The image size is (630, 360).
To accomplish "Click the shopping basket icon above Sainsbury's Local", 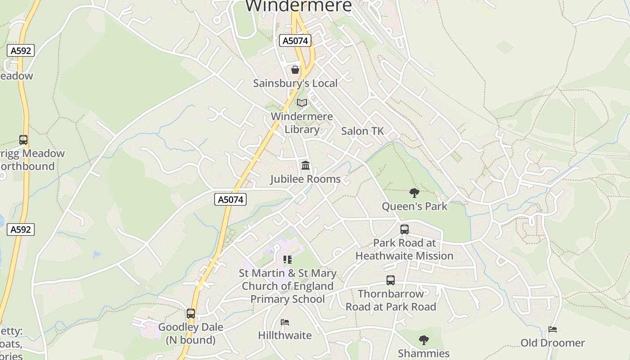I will (295, 70).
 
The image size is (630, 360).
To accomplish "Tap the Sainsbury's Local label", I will (295, 83).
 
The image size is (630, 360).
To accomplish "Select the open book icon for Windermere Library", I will (302, 103).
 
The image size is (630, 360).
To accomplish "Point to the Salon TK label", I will (362, 131).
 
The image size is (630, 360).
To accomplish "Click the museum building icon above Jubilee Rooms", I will (306, 166).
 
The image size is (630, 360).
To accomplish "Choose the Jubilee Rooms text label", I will (305, 179).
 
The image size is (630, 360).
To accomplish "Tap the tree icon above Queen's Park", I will (414, 193).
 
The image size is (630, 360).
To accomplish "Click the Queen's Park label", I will (414, 207).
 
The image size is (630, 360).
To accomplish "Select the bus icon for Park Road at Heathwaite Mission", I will (405, 229).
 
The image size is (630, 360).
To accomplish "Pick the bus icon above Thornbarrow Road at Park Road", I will (391, 280).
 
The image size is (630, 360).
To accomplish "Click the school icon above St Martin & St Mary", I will (288, 260).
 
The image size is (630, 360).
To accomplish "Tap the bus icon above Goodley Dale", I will (191, 314).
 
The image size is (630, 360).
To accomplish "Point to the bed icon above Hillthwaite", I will (285, 322).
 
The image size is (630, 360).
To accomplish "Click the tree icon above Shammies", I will (423, 340).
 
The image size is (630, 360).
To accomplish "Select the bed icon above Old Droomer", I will (553, 329).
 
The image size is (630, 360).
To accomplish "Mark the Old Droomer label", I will (553, 343).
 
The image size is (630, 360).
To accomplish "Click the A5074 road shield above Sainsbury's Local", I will (295, 41).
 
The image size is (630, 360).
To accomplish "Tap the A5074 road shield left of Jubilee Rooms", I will (230, 199).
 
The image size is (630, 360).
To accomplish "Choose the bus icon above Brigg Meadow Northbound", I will (23, 140).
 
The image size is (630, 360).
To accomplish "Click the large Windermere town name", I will (298, 6).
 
